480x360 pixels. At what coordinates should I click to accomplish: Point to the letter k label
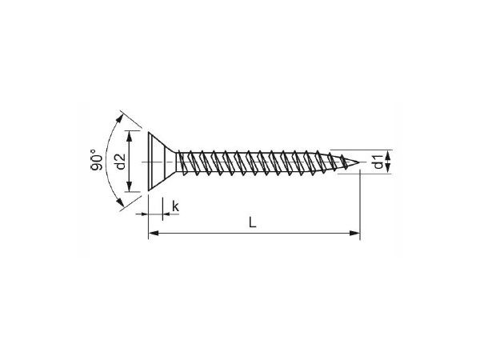click(x=174, y=208)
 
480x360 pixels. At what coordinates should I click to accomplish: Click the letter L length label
click(x=252, y=224)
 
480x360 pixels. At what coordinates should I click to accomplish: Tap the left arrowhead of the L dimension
click(x=153, y=234)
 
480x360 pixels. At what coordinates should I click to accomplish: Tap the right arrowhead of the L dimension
click(x=354, y=234)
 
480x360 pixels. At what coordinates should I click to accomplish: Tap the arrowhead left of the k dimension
click(x=144, y=214)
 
